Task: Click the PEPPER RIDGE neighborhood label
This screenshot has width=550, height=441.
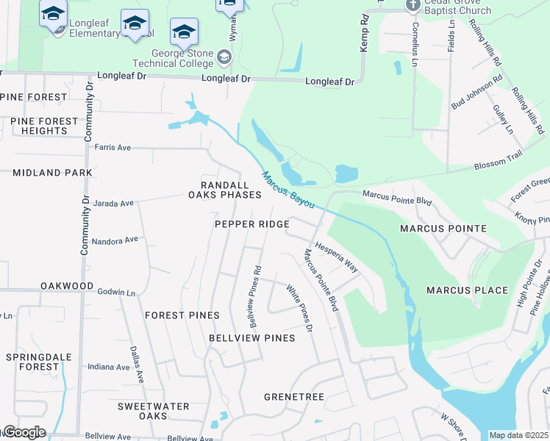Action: click(251, 224)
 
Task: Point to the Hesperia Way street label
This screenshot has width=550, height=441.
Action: click(336, 257)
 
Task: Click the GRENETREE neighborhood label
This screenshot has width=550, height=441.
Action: click(294, 397)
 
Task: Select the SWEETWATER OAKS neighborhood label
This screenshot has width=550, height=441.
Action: click(154, 411)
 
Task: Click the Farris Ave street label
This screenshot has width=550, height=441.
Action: click(113, 148)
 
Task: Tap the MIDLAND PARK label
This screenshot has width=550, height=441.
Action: click(52, 173)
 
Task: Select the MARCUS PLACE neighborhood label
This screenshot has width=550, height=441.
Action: click(467, 290)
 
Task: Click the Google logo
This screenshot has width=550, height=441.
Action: click(24, 432)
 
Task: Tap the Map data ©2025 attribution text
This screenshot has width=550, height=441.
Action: click(518, 435)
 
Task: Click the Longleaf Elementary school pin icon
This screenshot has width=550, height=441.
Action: click(53, 15)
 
